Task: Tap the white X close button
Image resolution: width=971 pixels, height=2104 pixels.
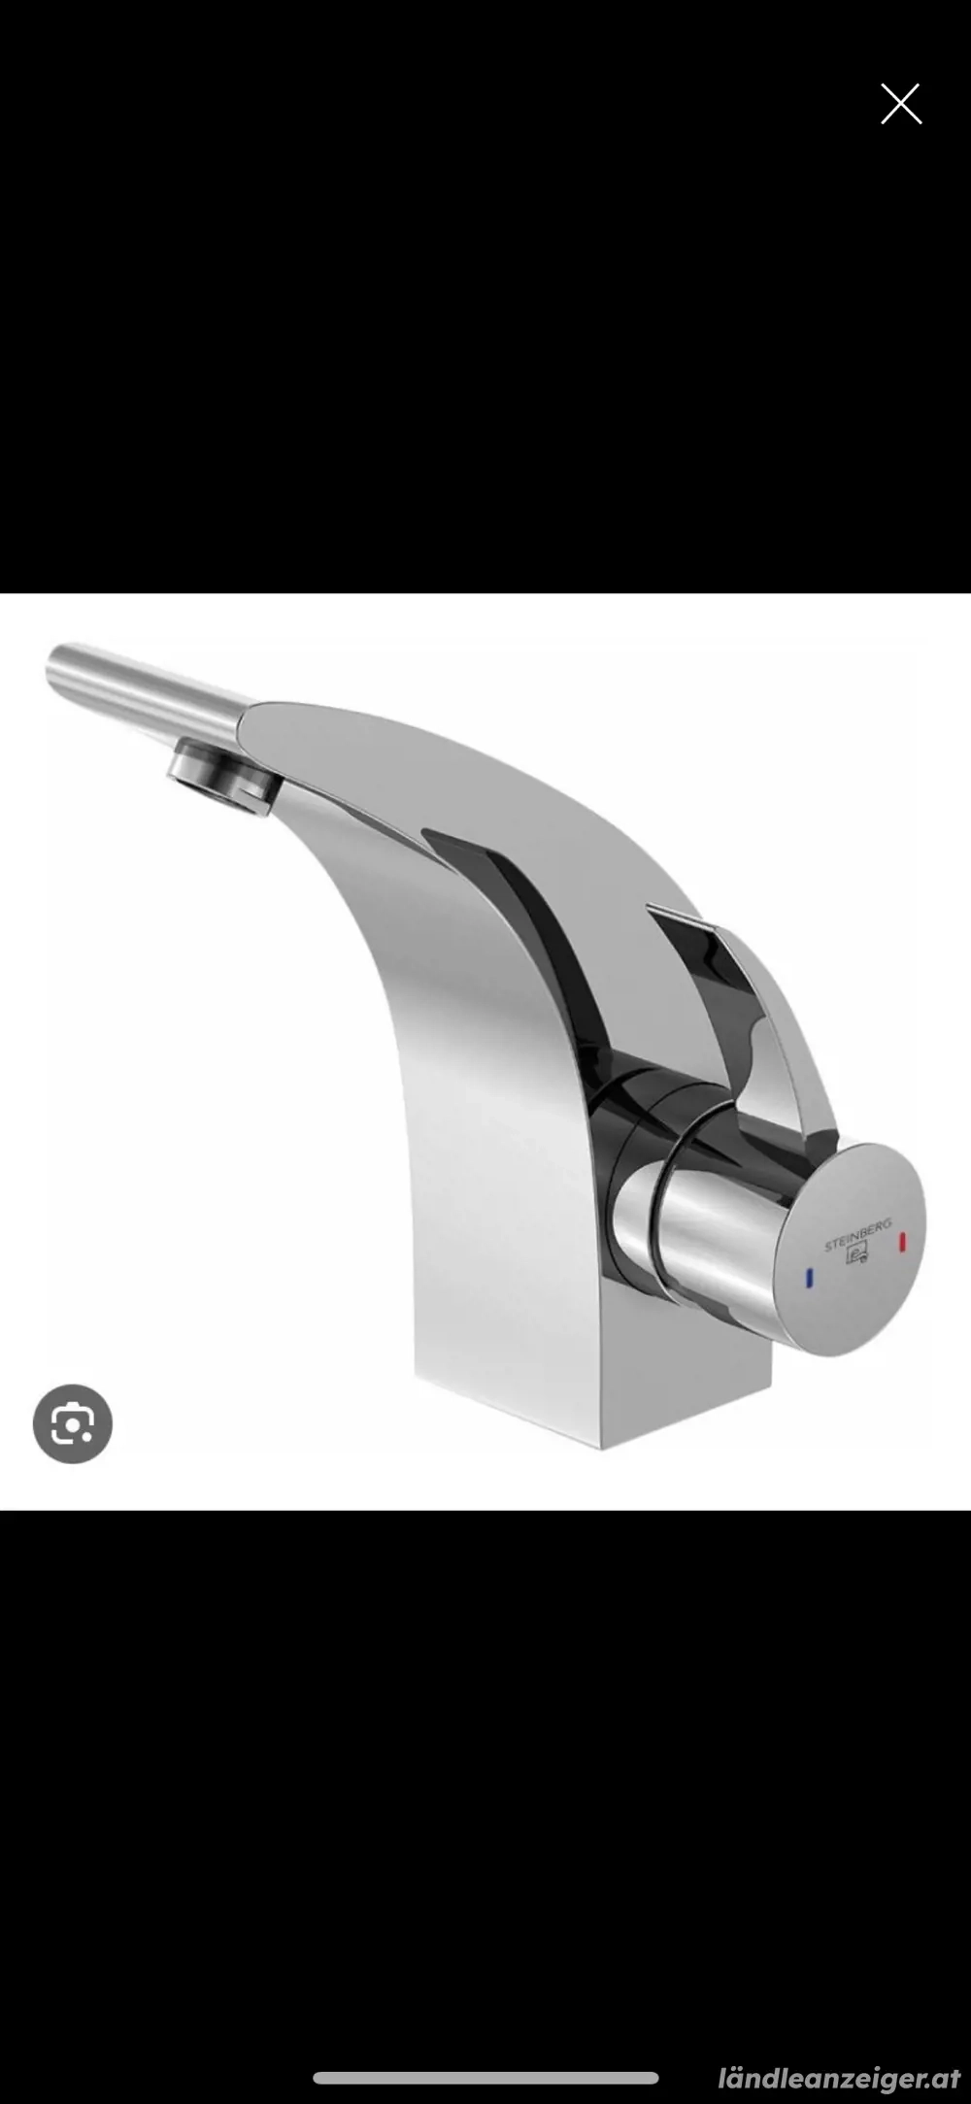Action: coord(900,104)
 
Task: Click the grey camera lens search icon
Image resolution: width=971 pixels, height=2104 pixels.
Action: coord(73,1423)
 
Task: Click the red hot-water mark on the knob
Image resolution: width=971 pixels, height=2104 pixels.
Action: coord(903,1242)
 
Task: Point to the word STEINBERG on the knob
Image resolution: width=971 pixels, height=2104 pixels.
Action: coord(857,1235)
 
